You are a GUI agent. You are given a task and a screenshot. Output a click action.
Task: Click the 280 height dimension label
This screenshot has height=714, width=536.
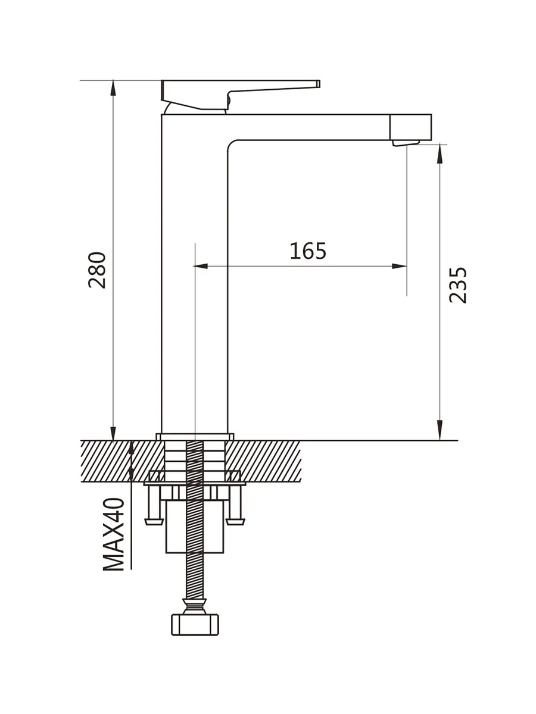[x=97, y=270]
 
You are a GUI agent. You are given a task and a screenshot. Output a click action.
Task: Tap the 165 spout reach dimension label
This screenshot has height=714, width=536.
[x=307, y=251]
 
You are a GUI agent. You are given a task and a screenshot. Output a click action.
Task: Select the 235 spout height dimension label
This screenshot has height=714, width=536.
[x=457, y=285]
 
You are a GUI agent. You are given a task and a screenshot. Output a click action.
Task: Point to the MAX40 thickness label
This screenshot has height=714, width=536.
[x=114, y=534]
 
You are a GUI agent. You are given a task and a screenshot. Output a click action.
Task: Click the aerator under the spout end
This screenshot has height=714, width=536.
[x=406, y=143]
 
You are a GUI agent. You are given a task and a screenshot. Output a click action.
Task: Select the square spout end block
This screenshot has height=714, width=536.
[x=411, y=127]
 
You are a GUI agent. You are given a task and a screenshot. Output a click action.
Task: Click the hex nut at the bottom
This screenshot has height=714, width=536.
[x=195, y=625]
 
